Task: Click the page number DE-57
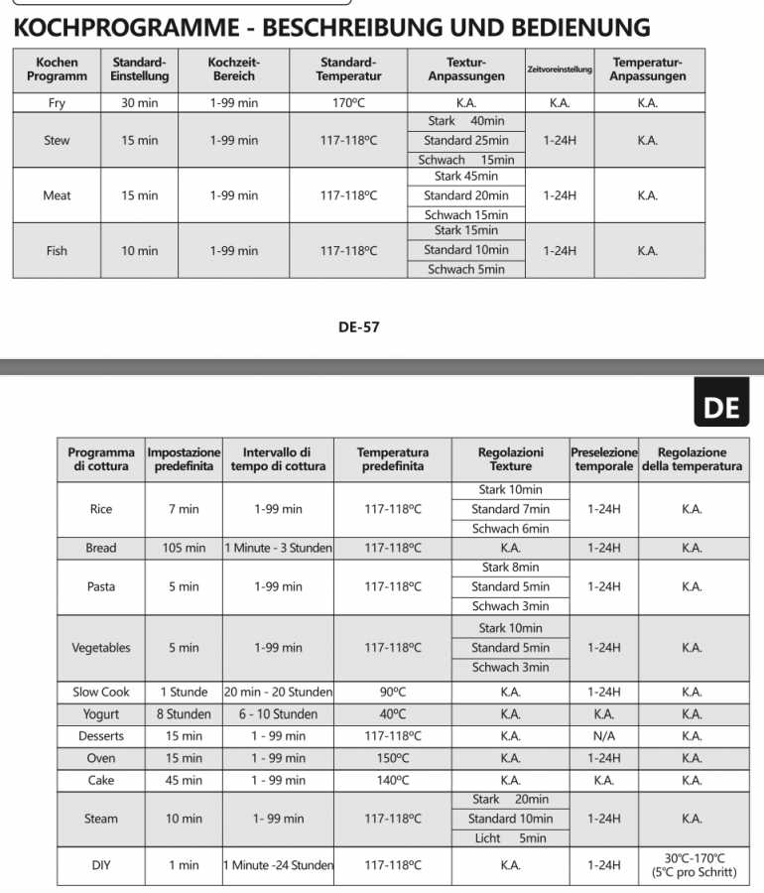coord(358,326)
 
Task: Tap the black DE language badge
coord(721,406)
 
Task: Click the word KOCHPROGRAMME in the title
coord(118,27)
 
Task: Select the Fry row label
coord(57,102)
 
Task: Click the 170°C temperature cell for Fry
coord(348,102)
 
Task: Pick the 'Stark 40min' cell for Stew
coord(465,121)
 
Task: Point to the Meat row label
coord(57,195)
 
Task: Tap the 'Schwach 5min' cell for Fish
coord(465,269)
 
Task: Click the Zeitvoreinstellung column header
coord(560,69)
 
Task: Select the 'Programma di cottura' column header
coord(101,459)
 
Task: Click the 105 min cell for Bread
coord(184,548)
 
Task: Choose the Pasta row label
coord(101,586)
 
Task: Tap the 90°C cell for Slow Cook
coord(393,693)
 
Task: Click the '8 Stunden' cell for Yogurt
coord(184,714)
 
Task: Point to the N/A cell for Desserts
coord(603,736)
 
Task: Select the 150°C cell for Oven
coord(393,758)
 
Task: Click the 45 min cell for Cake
coord(184,780)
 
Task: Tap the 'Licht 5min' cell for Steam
coord(510,838)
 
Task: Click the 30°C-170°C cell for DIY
coord(694,865)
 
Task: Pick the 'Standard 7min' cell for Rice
coord(510,509)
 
